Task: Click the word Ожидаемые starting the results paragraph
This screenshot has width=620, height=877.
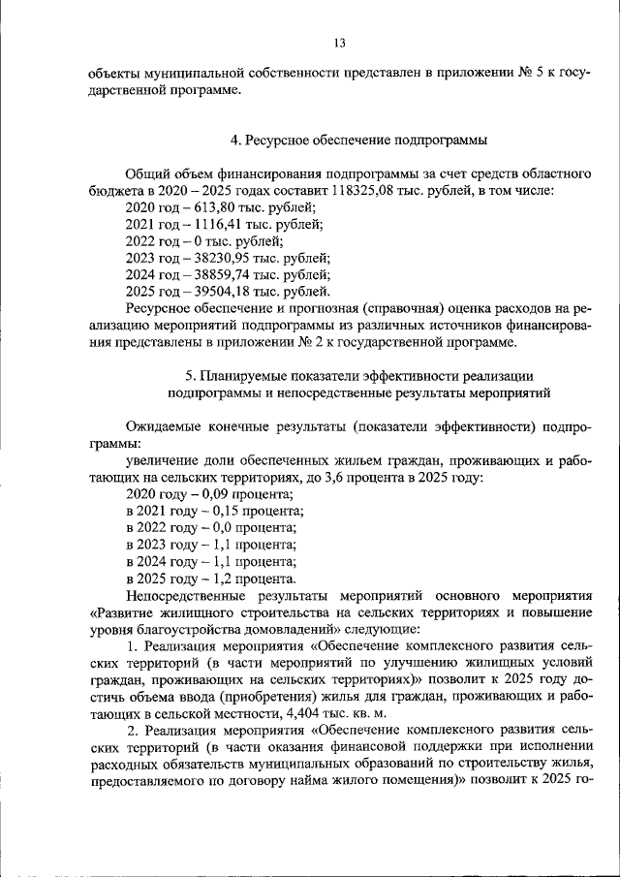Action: click(x=161, y=426)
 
